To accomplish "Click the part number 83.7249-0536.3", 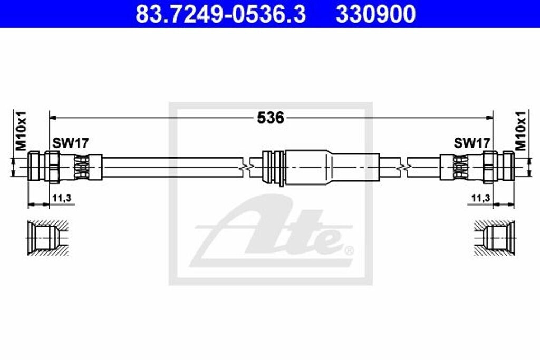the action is coord(220,14).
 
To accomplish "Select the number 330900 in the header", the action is coord(375,14).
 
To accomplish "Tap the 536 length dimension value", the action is coord(271,118).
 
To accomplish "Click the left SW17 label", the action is coord(71,143).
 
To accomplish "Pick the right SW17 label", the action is coord(472,143).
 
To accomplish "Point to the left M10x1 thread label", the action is coord(21,131).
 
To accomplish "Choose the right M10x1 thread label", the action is coord(520,131).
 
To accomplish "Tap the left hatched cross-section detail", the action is coord(48,238).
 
